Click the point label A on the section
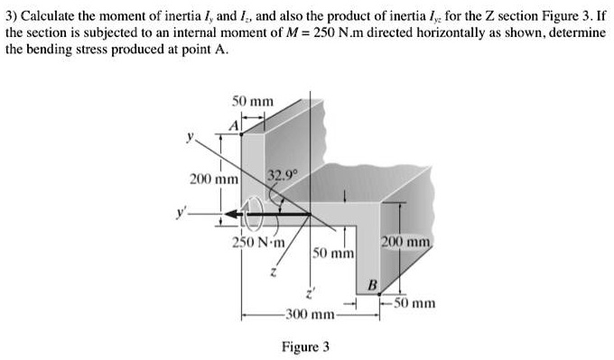232,126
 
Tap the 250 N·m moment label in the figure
258,241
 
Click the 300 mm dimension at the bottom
310,315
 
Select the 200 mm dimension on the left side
213,180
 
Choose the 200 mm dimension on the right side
407,242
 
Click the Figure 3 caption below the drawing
306,346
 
